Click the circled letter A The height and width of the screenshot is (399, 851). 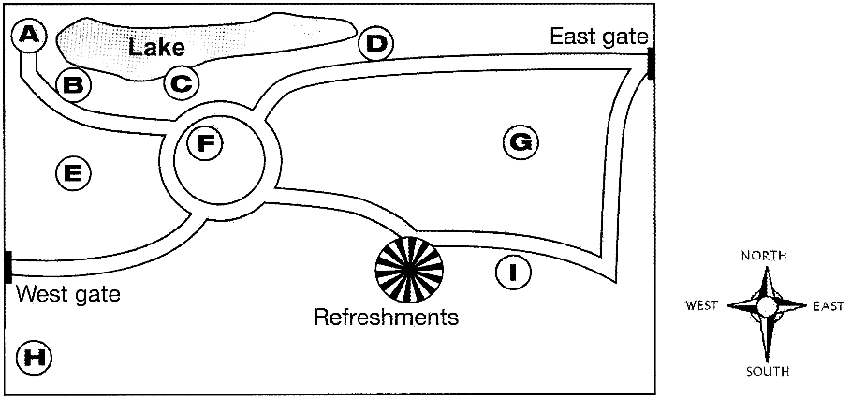(x=29, y=36)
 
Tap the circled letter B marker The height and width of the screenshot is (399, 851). (x=73, y=85)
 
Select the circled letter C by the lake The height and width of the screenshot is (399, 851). (x=182, y=83)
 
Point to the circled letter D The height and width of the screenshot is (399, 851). (x=375, y=43)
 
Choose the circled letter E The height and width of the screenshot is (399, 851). (x=73, y=172)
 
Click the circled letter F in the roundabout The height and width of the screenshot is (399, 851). (x=205, y=143)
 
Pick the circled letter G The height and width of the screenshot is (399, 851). (x=520, y=142)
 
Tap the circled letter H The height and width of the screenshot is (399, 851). (x=35, y=356)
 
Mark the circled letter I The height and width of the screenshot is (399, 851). (x=512, y=273)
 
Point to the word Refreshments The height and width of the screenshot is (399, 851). (x=386, y=318)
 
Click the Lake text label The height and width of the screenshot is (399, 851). (x=156, y=47)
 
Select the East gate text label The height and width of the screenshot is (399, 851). (x=598, y=37)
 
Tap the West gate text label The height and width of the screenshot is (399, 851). (x=68, y=295)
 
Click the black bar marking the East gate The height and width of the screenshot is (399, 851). (x=650, y=64)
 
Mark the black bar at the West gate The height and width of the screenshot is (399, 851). (x=7, y=267)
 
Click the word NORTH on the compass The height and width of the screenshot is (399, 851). (x=765, y=255)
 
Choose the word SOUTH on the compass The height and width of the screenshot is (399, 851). (x=767, y=371)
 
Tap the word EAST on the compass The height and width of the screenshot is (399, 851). (x=828, y=306)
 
